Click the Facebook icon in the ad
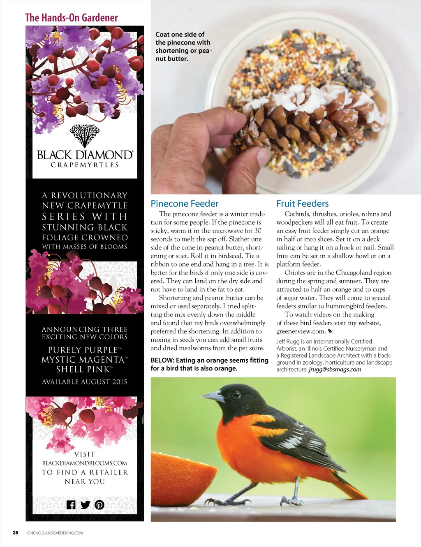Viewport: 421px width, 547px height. pos(71,505)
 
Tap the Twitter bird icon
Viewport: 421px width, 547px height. pos(85,505)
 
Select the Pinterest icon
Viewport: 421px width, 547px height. pos(99,505)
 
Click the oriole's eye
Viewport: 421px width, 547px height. pos(237,395)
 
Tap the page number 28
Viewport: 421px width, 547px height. pos(15,533)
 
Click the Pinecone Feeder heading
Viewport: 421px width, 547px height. pos(184,203)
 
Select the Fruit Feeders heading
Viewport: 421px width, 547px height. pos(302,203)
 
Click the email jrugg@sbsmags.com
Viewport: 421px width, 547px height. pos(335,369)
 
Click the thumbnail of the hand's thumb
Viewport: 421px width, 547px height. pos(263,157)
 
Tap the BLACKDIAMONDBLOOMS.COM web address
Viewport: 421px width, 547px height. pos(85,463)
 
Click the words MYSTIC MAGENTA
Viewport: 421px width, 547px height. pos(83,360)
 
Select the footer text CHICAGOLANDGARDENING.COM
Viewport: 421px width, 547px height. pos(55,533)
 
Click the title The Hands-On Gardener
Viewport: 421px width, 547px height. pos(72,18)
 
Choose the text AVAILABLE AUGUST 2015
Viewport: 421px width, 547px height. pos(85,382)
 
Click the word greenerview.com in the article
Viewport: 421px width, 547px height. pos(301,331)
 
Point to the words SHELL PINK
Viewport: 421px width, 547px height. pos(83,369)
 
